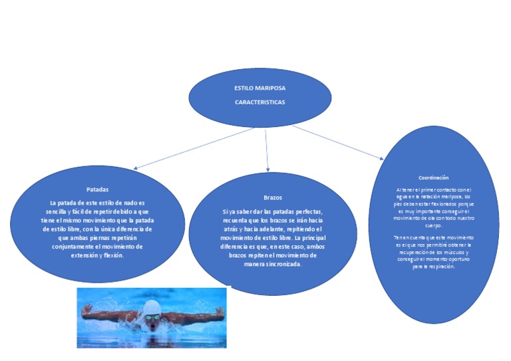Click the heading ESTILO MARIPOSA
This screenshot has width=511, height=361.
pyautogui.click(x=259, y=88)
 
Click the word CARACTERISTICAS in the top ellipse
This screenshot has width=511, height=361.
pyautogui.click(x=259, y=102)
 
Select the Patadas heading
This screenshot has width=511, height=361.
pyautogui.click(x=97, y=189)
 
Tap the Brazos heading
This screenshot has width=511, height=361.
pyautogui.click(x=273, y=198)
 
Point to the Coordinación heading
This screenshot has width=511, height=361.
pyautogui.click(x=433, y=178)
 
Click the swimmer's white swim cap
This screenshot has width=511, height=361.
pyautogui.click(x=152, y=306)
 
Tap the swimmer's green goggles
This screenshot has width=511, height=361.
pyautogui.click(x=153, y=317)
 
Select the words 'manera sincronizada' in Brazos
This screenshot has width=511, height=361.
pyautogui.click(x=273, y=264)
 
